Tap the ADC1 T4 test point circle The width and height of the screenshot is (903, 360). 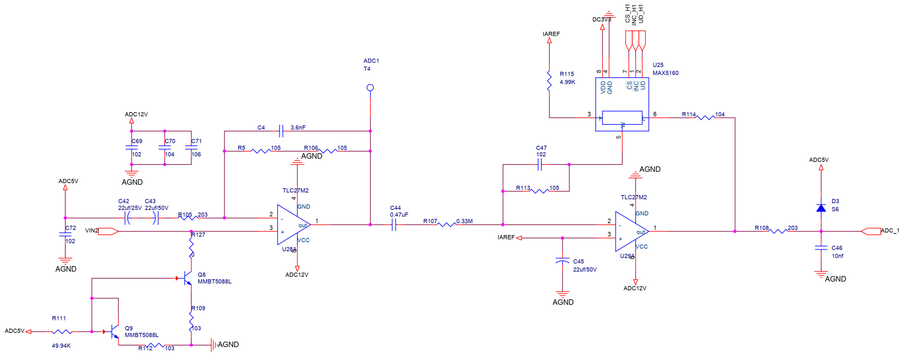point(370,88)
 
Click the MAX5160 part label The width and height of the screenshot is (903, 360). point(665,73)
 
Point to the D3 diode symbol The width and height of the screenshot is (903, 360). point(821,208)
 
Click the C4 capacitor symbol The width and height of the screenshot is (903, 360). point(281,131)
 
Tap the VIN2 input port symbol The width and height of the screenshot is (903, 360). point(108,231)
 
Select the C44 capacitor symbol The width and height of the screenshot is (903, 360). point(394,225)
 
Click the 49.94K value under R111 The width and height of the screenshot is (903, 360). point(61,346)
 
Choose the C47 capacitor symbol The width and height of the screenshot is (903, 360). point(540,164)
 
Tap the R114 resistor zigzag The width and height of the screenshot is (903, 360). point(705,118)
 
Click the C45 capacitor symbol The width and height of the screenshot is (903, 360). point(563,261)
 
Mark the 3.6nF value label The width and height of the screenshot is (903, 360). point(298,128)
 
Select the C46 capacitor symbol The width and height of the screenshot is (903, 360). point(821,248)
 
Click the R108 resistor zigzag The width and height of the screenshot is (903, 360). point(778,231)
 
